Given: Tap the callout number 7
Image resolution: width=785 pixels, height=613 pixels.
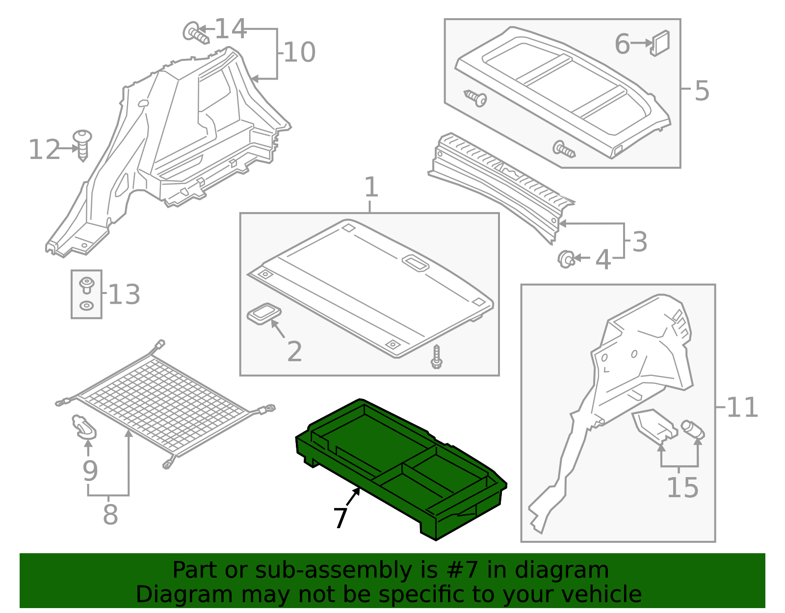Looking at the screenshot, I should (340, 517).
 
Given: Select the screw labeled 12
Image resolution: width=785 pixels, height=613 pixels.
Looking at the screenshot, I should (82, 144).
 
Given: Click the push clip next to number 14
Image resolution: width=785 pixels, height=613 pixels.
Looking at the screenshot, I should (195, 33).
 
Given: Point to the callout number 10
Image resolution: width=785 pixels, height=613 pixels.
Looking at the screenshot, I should (299, 53).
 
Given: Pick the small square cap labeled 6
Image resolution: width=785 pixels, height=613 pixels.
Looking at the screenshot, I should (660, 43).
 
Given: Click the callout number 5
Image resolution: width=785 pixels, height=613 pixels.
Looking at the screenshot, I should (702, 91).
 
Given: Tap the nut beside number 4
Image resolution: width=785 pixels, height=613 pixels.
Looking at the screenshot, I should (566, 258).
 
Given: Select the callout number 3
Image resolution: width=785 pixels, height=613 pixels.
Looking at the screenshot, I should (639, 242).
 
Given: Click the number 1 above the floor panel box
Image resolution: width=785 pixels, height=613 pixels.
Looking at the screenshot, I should (371, 187).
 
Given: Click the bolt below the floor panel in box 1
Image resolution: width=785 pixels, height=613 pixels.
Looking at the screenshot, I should (436, 357).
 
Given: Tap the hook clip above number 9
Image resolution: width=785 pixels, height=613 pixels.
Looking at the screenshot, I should (84, 426).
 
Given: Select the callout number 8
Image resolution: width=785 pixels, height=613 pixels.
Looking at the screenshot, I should (110, 515).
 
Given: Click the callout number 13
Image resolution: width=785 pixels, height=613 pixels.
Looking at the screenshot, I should (124, 294).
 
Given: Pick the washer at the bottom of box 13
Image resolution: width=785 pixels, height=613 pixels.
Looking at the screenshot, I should (86, 306).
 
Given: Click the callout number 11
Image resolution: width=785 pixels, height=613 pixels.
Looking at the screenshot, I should (742, 407).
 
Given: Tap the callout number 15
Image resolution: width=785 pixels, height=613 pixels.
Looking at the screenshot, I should (682, 487).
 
